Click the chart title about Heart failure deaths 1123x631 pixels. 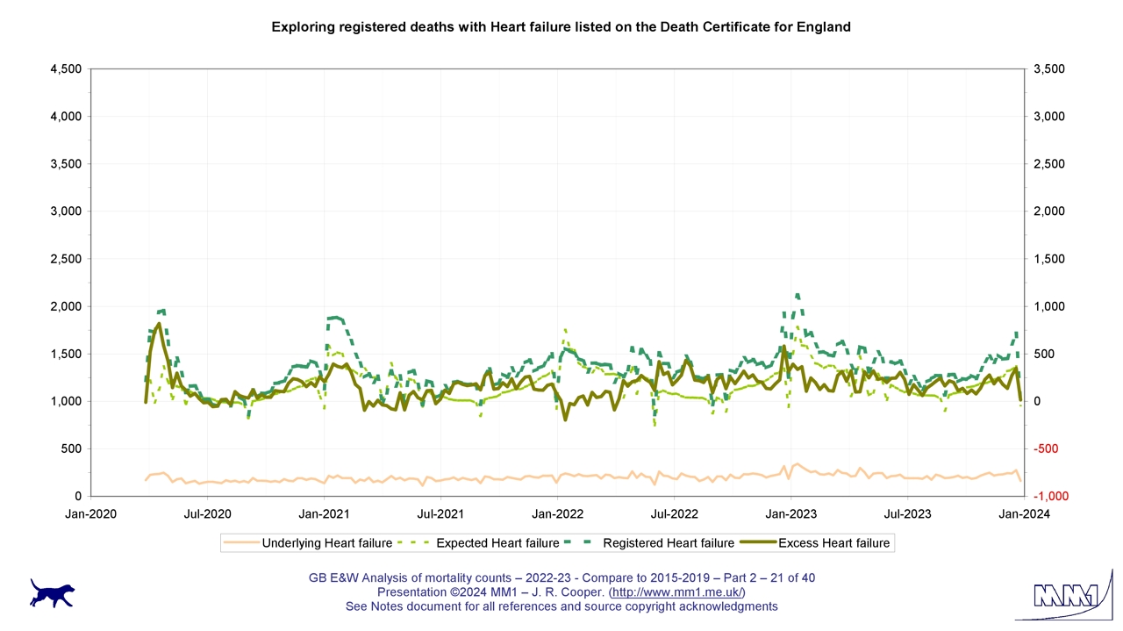pos(561,26)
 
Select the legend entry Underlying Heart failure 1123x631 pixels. pos(326,543)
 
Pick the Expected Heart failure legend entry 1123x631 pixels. pos(497,543)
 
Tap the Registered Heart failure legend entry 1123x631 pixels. pos(669,543)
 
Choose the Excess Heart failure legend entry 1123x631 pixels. pos(833,543)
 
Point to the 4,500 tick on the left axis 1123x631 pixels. pos(66,69)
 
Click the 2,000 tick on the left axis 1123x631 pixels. pos(66,306)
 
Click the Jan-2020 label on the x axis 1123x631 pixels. pos(90,513)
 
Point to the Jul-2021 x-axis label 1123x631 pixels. pos(440,513)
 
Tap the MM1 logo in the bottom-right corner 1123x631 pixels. pos(1064,597)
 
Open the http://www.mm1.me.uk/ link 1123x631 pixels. pos(676,592)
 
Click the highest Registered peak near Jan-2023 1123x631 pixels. pos(797,295)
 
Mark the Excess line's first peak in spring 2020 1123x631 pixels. pos(159,324)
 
